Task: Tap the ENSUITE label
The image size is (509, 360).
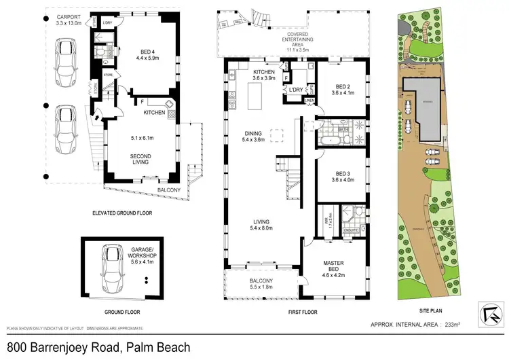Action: click(x=352, y=230)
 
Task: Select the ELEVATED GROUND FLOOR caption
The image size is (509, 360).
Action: click(x=121, y=213)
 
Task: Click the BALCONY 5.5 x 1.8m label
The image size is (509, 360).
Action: click(x=261, y=285)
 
